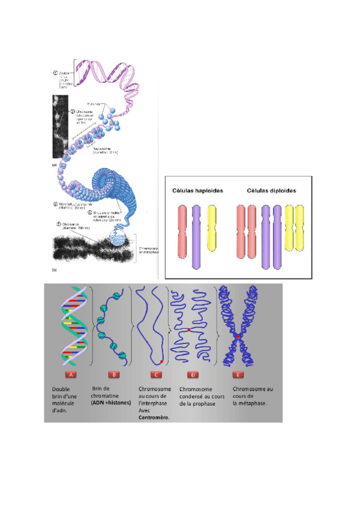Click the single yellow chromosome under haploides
[211, 227]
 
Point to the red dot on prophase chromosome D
[189, 330]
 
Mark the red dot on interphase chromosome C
[161, 361]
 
